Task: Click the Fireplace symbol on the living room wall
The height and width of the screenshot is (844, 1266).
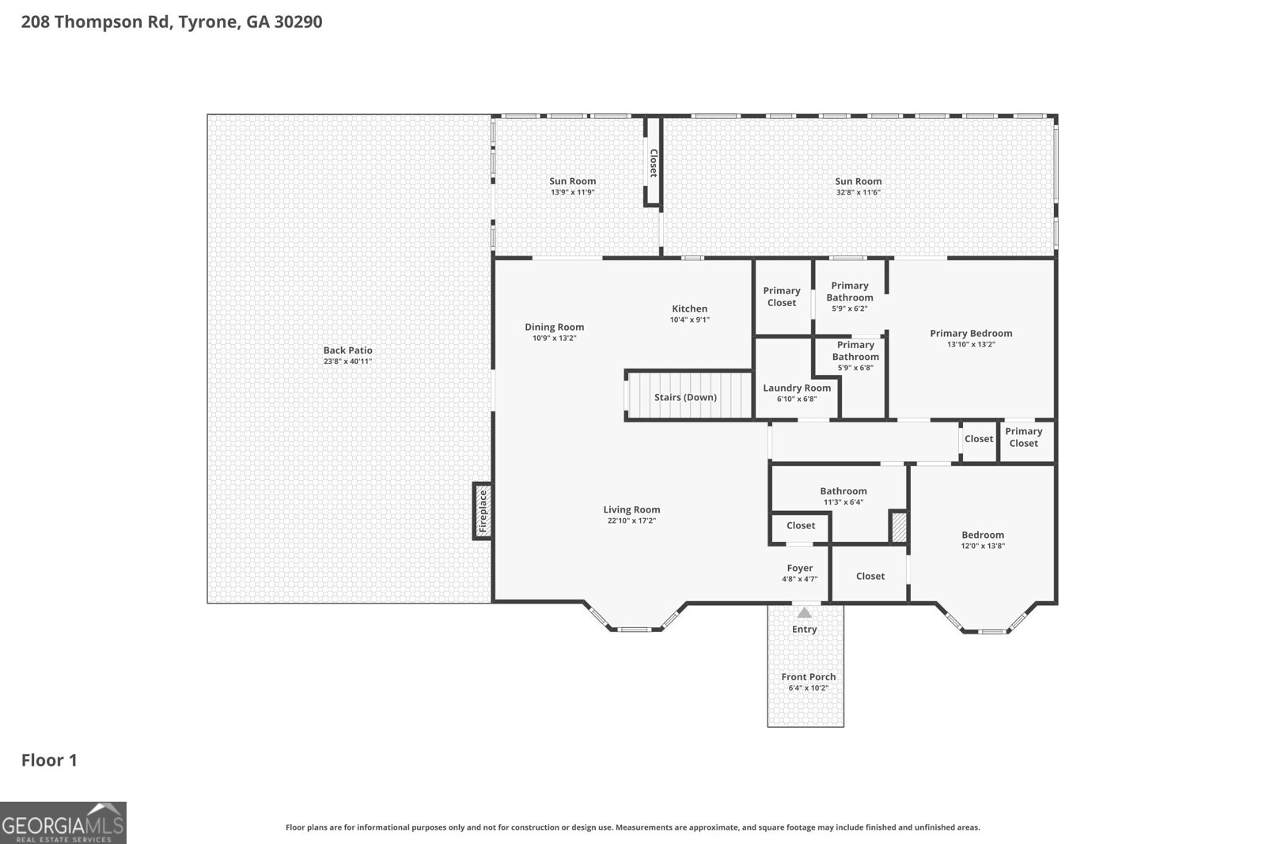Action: pyautogui.click(x=483, y=511)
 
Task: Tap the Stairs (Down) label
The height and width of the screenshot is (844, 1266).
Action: pyautogui.click(x=685, y=397)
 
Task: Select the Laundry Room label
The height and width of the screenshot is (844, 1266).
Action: pyautogui.click(x=797, y=388)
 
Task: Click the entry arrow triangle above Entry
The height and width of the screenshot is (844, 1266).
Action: pyautogui.click(x=804, y=613)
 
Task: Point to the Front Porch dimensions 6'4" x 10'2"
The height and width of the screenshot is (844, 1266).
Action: pyautogui.click(x=808, y=688)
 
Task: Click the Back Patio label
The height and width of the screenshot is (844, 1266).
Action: pyautogui.click(x=347, y=350)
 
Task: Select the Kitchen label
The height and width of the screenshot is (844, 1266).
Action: pyautogui.click(x=689, y=308)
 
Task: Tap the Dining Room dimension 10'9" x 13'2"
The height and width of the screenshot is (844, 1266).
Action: pyautogui.click(x=554, y=339)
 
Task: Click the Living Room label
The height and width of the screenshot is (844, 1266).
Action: pyautogui.click(x=631, y=509)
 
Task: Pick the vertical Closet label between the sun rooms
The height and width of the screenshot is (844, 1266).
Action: pyautogui.click(x=654, y=163)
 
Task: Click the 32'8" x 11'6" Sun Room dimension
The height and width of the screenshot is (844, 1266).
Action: pyautogui.click(x=858, y=192)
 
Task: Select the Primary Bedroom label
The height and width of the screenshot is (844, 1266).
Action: pyautogui.click(x=971, y=333)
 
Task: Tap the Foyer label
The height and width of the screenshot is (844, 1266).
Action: pyautogui.click(x=799, y=568)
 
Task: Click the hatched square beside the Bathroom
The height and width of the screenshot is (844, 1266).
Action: pyautogui.click(x=898, y=528)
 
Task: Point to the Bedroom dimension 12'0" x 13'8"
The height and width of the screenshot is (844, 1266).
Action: pyautogui.click(x=983, y=546)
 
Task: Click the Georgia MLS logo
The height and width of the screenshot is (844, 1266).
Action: pyautogui.click(x=63, y=823)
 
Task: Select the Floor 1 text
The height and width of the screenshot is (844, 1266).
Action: pyautogui.click(x=49, y=760)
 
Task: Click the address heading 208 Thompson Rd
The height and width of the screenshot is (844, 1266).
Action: pyautogui.click(x=171, y=21)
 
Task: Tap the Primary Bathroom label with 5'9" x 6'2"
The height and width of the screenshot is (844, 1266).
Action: pyautogui.click(x=850, y=291)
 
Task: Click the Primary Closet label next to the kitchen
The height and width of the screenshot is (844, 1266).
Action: pyautogui.click(x=781, y=297)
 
